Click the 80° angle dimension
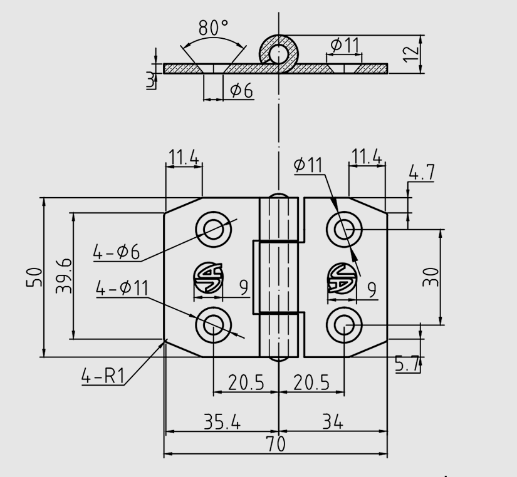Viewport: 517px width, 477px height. coord(213,28)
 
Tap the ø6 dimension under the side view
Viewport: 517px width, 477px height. coord(241,91)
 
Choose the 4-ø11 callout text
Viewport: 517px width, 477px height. coord(122,289)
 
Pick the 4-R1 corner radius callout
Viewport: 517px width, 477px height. coord(103,376)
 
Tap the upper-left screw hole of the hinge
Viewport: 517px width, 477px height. coord(213,229)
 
